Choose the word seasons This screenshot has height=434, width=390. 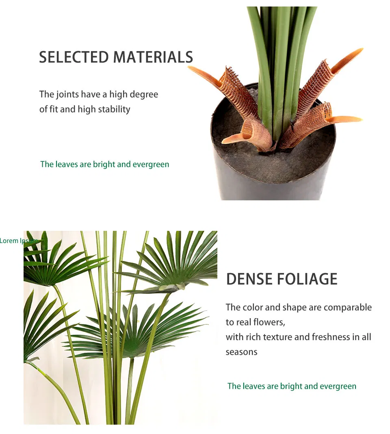click(241, 352)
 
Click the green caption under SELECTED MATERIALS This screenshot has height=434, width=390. click(104, 165)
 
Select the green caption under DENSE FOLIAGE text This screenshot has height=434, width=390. click(292, 386)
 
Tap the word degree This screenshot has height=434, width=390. click(144, 95)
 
